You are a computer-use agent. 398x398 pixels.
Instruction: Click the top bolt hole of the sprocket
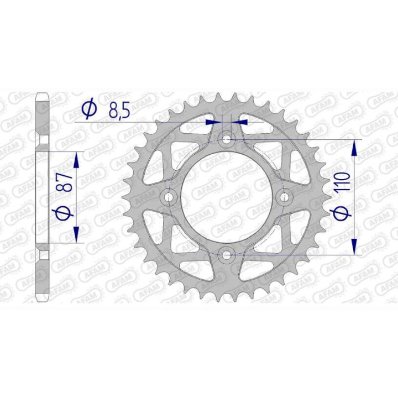point(226,140)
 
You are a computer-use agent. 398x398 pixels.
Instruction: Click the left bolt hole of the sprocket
point(168,197)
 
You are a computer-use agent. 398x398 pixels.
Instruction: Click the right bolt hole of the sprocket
point(284,197)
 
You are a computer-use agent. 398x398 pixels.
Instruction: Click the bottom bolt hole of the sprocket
point(226,255)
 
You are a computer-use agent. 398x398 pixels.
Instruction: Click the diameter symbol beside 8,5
point(88,110)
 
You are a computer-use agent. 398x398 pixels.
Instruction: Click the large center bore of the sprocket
point(226,197)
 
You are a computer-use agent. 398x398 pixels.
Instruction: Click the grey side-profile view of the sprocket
point(43,197)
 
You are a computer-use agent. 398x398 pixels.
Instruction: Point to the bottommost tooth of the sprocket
point(226,298)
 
